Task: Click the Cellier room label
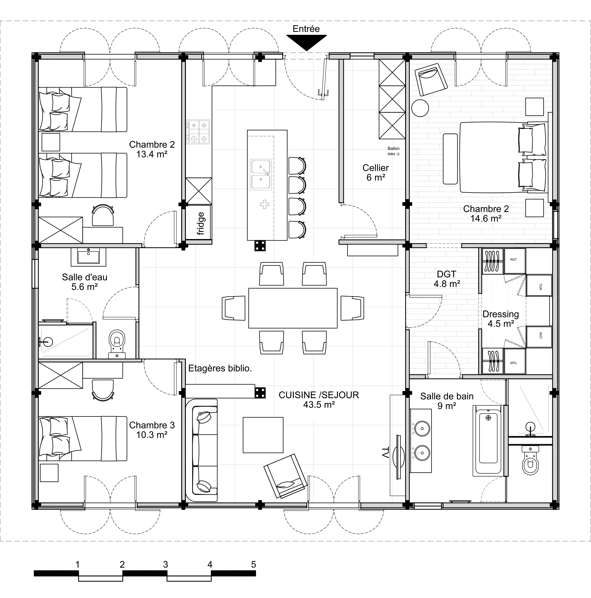376,172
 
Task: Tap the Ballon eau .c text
394,151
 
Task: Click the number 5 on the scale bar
254,564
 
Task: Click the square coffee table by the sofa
263,435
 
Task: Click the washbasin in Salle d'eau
88,257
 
